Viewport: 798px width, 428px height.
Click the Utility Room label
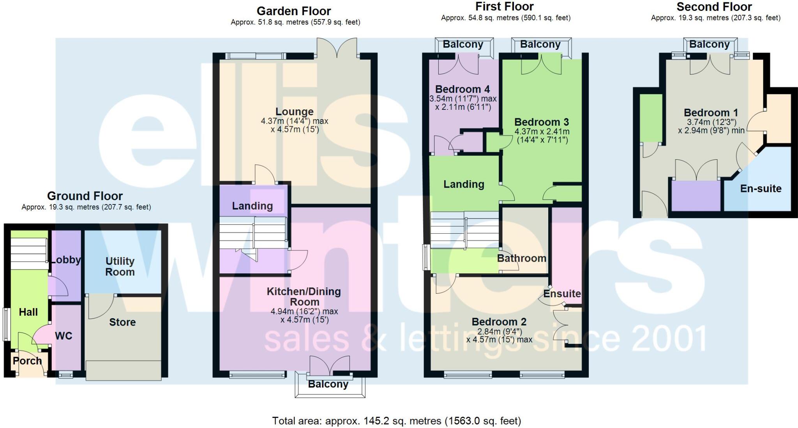120,266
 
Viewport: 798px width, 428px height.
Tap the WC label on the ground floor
64,336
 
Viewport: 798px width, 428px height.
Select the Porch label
27,361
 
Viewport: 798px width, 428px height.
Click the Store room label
122,322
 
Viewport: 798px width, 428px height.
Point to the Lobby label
66,260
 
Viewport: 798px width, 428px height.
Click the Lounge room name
294,112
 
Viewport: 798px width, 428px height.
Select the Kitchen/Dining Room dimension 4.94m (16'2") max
304,311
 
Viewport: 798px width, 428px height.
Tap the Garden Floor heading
294,11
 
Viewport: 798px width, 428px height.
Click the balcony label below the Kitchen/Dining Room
328,384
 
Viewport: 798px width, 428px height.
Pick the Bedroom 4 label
463,89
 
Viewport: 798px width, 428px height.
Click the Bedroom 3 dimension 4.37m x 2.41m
542,132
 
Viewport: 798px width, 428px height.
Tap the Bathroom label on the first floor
522,258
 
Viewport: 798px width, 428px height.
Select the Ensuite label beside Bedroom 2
562,293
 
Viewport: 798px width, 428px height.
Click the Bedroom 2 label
499,322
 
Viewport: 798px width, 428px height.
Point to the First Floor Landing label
464,184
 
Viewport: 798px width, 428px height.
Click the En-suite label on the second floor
761,188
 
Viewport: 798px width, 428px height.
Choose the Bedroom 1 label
711,113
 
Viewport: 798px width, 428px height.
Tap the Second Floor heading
714,7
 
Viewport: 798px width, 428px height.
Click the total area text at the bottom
396,421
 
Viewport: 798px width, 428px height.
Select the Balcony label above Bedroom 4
463,44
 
